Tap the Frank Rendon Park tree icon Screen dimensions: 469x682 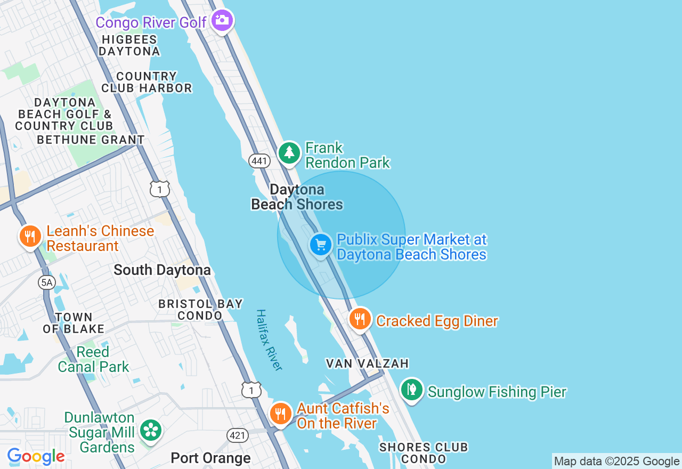pyautogui.click(x=289, y=153)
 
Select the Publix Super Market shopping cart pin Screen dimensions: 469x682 pyautogui.click(x=321, y=245)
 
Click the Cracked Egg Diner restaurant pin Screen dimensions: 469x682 pyautogui.click(x=360, y=319)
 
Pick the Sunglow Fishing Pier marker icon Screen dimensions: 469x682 pyautogui.click(x=411, y=390)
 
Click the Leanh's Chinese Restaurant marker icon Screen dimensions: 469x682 pyautogui.click(x=30, y=236)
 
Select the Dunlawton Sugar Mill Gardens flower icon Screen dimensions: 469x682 pyautogui.click(x=151, y=430)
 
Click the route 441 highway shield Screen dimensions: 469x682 pyautogui.click(x=259, y=160)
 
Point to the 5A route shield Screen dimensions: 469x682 pyautogui.click(x=47, y=282)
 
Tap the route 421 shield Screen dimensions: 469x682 pyautogui.click(x=238, y=435)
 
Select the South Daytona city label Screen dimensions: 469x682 pyautogui.click(x=162, y=270)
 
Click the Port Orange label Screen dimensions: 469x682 pyautogui.click(x=210, y=458)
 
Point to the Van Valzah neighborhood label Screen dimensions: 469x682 pyautogui.click(x=367, y=363)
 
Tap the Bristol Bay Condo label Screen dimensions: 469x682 pyautogui.click(x=200, y=310)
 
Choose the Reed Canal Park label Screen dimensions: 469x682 pyautogui.click(x=93, y=359)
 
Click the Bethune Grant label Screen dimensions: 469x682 pyautogui.click(x=91, y=140)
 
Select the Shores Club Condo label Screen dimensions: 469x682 pyautogui.click(x=424, y=452)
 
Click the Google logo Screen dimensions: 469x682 pyautogui.click(x=36, y=457)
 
